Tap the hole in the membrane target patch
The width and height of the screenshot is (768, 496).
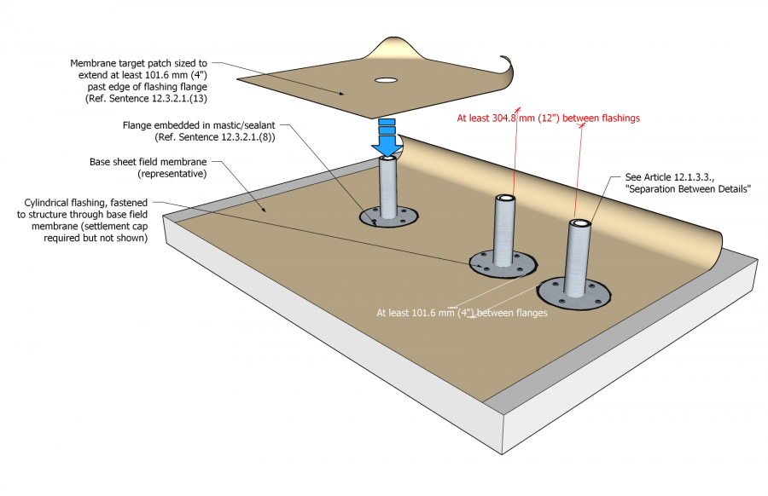pos(386,81)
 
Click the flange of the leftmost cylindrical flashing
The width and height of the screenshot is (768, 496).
pos(369,218)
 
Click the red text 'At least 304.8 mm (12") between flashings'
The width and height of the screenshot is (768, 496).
pos(549,118)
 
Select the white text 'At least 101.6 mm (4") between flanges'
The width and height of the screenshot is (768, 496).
pos(462,313)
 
